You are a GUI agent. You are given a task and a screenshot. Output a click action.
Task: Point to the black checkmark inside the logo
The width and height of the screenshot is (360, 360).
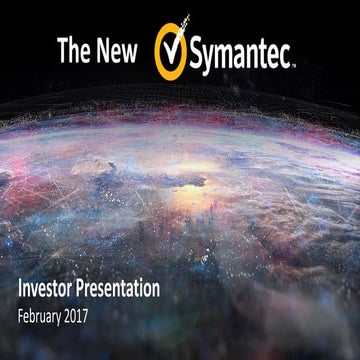click(x=171, y=44)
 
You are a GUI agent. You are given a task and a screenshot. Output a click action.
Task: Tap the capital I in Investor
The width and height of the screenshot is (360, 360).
click(x=20, y=290)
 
